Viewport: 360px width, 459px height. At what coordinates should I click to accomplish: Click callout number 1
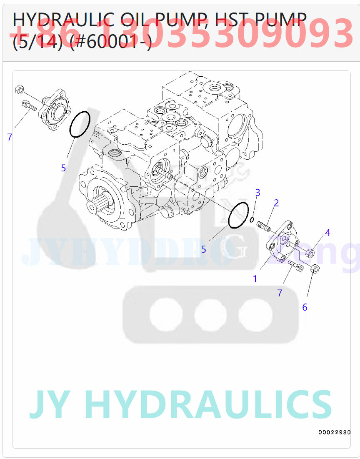pyautogui.click(x=255, y=279)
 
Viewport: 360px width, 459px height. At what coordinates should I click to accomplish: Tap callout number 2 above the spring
pyautogui.click(x=276, y=203)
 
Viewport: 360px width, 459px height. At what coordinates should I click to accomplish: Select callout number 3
pyautogui.click(x=257, y=193)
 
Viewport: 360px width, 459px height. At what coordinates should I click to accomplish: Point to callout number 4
pyautogui.click(x=327, y=233)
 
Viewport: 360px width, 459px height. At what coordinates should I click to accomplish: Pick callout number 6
pyautogui.click(x=305, y=307)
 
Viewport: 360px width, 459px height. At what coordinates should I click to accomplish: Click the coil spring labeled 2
pyautogui.click(x=264, y=226)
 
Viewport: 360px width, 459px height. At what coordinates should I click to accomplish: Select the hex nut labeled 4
pyautogui.click(x=310, y=252)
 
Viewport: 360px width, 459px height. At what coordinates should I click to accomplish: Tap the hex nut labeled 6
pyautogui.click(x=315, y=269)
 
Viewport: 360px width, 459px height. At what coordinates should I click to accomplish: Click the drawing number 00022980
pyautogui.click(x=334, y=432)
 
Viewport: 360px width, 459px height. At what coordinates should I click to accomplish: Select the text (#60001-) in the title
pyautogui.click(x=110, y=42)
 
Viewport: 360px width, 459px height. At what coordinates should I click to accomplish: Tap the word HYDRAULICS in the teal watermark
pyautogui.click(x=208, y=404)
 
